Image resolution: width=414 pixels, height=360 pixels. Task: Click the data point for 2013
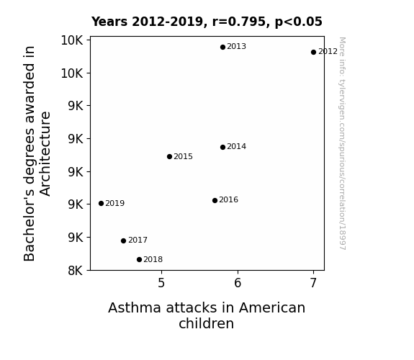point(222,47)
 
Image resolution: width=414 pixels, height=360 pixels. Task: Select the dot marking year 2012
point(313,52)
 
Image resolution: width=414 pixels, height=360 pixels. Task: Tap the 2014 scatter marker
point(222,147)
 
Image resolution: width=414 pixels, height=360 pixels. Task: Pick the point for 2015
point(169,157)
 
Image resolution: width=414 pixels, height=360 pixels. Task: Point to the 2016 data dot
point(215,200)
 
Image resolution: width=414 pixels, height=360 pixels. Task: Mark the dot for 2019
point(101,203)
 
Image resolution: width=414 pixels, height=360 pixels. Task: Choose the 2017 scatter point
point(123,240)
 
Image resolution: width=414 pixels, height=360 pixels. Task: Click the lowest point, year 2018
point(139,260)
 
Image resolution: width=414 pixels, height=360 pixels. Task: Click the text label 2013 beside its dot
point(237,47)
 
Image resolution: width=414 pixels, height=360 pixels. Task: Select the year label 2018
point(153,260)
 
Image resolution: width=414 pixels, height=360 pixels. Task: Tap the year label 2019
point(115,203)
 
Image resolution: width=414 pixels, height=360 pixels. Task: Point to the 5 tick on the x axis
point(161,283)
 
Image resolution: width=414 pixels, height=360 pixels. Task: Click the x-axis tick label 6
point(238,283)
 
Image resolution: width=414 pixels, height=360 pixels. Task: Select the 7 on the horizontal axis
point(313,283)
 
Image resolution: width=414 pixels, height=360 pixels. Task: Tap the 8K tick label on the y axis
point(76,271)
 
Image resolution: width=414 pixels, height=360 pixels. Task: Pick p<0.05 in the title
point(299,22)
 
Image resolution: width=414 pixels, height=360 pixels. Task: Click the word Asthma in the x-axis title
point(135,307)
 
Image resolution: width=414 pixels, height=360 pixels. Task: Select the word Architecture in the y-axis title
point(45,153)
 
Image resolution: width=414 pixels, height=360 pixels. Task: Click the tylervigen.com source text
point(342,143)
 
